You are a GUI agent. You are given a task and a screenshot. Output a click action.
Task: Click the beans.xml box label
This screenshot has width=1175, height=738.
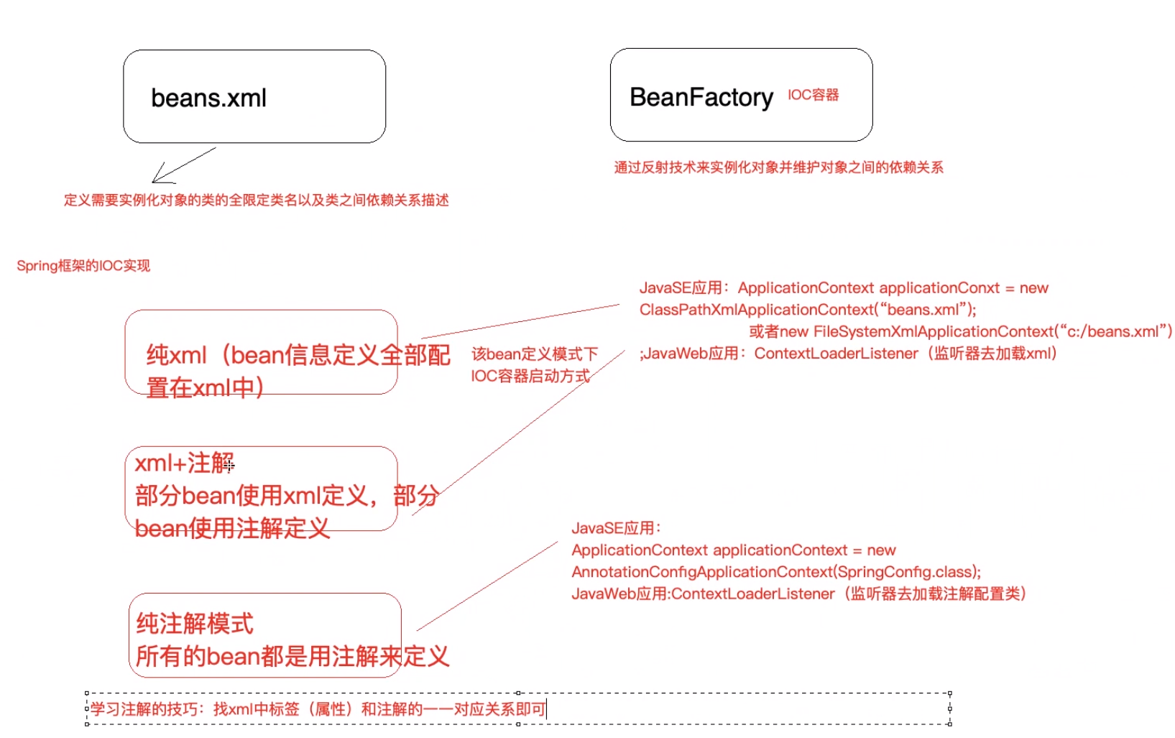coord(208,98)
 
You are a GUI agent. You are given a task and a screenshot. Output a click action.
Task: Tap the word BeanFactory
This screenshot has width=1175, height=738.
coord(701,97)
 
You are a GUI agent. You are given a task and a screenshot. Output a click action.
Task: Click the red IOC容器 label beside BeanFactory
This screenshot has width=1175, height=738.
coord(813,95)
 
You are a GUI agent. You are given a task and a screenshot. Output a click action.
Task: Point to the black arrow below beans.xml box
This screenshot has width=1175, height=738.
coord(183,166)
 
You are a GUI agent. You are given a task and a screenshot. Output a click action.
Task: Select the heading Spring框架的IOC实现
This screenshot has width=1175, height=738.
coord(83,266)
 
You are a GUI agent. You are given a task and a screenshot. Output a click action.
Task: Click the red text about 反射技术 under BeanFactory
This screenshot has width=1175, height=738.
coord(778,167)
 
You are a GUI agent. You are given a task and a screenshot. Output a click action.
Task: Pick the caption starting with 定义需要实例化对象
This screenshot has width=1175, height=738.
coord(256,200)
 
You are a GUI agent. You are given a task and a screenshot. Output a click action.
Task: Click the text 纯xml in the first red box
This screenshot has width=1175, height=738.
coord(176,354)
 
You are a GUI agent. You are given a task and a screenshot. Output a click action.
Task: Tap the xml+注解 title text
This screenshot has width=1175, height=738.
coord(185,463)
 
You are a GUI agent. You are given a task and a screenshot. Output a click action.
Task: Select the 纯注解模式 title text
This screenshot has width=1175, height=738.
coord(195,623)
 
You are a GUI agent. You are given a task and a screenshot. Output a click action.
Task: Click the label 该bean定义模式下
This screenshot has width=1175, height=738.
coord(535,354)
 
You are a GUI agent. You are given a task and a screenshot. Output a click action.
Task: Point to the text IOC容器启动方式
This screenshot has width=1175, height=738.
coord(530,376)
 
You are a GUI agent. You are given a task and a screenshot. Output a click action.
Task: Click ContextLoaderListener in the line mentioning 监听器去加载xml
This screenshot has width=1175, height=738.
coord(836,354)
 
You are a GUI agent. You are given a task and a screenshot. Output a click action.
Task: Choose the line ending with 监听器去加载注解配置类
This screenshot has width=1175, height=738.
coord(798,594)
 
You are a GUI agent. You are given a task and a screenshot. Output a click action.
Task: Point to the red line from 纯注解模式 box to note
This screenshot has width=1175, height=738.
coord(487,586)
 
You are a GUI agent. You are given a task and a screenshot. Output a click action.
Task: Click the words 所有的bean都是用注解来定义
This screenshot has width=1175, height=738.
coord(292,656)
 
